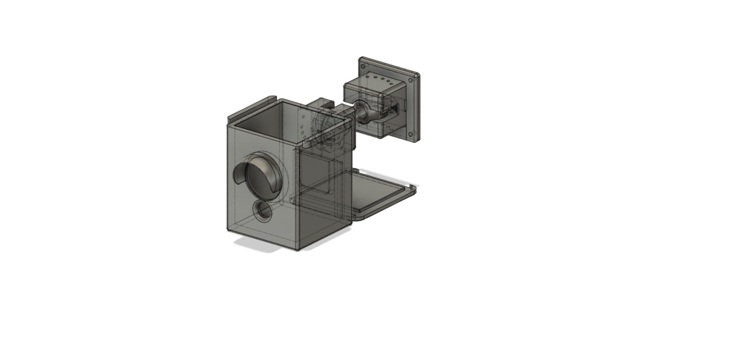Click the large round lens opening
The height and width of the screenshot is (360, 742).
[261, 175]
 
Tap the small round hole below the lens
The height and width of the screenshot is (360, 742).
[262, 211]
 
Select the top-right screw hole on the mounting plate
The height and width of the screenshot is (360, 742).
[416, 76]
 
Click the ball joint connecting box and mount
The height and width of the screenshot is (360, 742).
[362, 111]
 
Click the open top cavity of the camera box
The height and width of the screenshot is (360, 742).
[290, 120]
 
